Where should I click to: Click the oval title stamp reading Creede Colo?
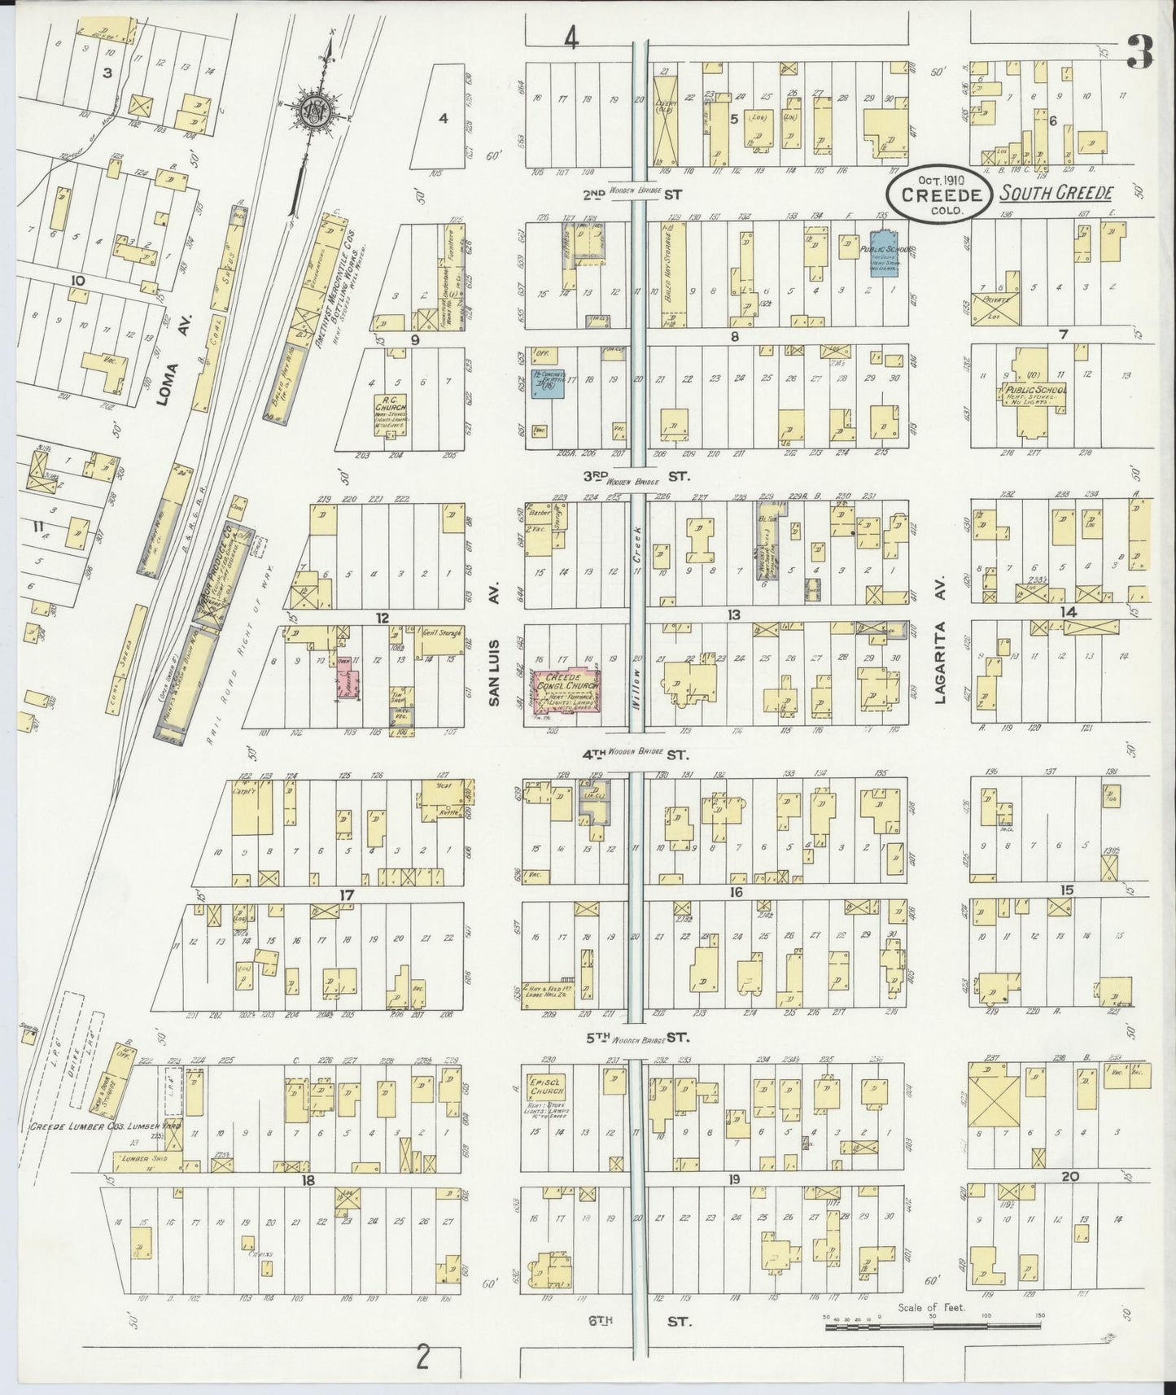pyautogui.click(x=938, y=196)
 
